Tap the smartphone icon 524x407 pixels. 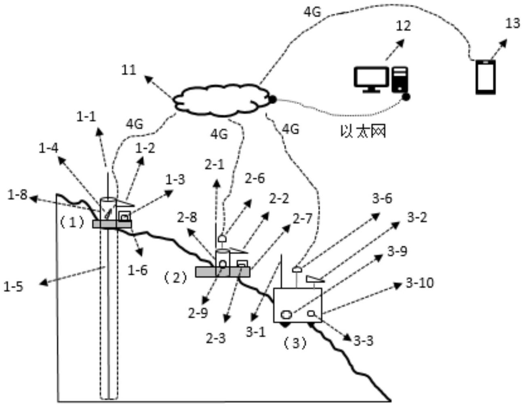(x=485, y=77)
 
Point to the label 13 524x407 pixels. (x=512, y=23)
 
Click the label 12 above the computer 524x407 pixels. (x=403, y=26)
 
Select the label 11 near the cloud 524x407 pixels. (x=129, y=70)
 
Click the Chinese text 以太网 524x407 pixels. (x=363, y=131)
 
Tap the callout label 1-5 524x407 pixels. (x=13, y=286)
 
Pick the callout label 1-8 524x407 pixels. (x=17, y=195)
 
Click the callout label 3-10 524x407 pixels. (x=419, y=283)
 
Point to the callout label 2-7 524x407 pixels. (x=303, y=219)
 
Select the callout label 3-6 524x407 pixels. (x=382, y=198)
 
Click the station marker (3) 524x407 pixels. (x=295, y=343)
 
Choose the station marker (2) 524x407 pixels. (x=175, y=278)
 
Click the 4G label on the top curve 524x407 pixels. (x=312, y=12)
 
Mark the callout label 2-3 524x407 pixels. (x=216, y=338)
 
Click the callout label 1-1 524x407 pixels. (x=86, y=117)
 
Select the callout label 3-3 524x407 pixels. (x=364, y=341)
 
